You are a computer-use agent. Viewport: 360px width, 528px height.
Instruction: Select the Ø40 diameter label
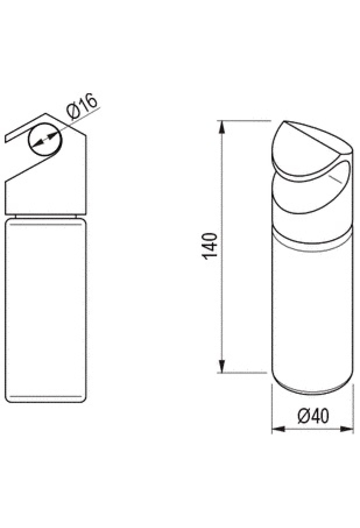click(x=313, y=416)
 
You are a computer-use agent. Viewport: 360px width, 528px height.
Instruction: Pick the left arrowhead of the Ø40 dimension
click(x=278, y=429)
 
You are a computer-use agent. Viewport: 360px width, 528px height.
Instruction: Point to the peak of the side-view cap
click(x=45, y=114)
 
